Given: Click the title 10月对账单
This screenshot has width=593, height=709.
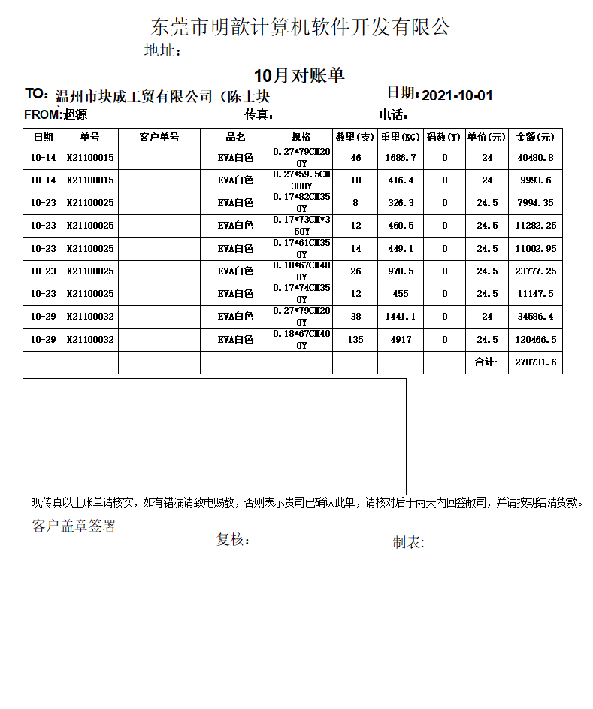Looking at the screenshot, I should pos(299,76).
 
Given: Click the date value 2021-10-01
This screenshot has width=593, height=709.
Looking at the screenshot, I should pos(457,95).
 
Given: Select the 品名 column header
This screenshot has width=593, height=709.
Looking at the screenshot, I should pos(235,138).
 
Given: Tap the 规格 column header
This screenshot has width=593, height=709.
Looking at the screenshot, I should pos(301,138).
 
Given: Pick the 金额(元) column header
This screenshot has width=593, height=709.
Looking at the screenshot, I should pos(535,138).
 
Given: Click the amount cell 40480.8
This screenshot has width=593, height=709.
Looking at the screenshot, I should pos(535,158).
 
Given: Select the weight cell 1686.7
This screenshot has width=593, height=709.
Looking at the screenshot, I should pos(400,158).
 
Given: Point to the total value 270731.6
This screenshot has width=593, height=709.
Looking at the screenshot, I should pos(535,362).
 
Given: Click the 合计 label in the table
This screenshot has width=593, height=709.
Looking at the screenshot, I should pos(486,362).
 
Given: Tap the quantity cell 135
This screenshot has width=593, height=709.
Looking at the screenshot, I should pos(355,340).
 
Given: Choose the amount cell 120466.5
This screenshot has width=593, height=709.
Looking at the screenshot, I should pos(535,340).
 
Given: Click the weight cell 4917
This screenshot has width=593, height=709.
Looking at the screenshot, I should pos(400,340).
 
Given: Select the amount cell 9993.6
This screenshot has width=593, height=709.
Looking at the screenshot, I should pos(535,180).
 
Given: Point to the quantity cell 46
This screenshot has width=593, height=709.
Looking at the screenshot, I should pos(355,158).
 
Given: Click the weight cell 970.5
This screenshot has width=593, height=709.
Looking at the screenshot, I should pos(400,271).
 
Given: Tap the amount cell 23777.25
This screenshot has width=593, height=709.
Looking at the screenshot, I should pos(535,271).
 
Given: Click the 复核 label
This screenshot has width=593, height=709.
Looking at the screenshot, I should pos(233,540).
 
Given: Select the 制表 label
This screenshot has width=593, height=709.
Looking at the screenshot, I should pos(408,543).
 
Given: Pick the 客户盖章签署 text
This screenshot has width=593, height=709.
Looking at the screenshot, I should pos(74,526).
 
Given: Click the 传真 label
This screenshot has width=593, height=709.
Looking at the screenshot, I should pos(259,115).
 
